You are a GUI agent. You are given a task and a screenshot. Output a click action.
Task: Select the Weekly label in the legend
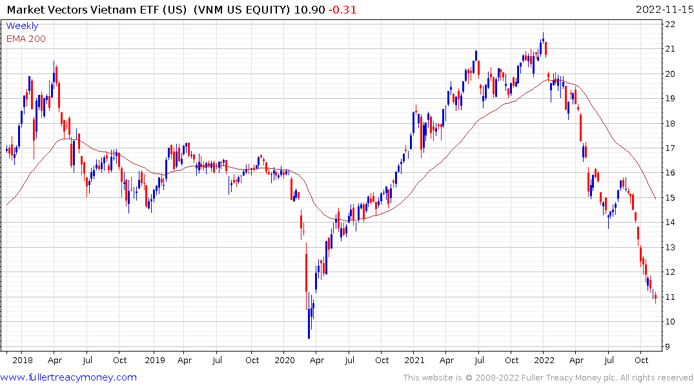point(22,26)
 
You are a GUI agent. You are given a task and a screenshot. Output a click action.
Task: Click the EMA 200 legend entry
point(26,39)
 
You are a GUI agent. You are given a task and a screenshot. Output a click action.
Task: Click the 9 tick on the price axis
point(668,346)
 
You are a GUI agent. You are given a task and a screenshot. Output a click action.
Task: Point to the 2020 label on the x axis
point(284,360)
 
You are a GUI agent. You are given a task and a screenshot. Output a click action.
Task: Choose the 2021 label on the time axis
point(414,360)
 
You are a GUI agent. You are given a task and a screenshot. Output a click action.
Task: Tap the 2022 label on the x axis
point(544,360)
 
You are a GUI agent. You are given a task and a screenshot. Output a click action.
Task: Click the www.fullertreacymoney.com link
point(68,377)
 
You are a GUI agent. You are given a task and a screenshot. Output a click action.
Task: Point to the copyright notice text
point(548,377)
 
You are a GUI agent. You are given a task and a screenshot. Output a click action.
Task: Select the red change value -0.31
point(342,10)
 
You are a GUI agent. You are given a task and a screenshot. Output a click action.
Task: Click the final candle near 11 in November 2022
point(655,297)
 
